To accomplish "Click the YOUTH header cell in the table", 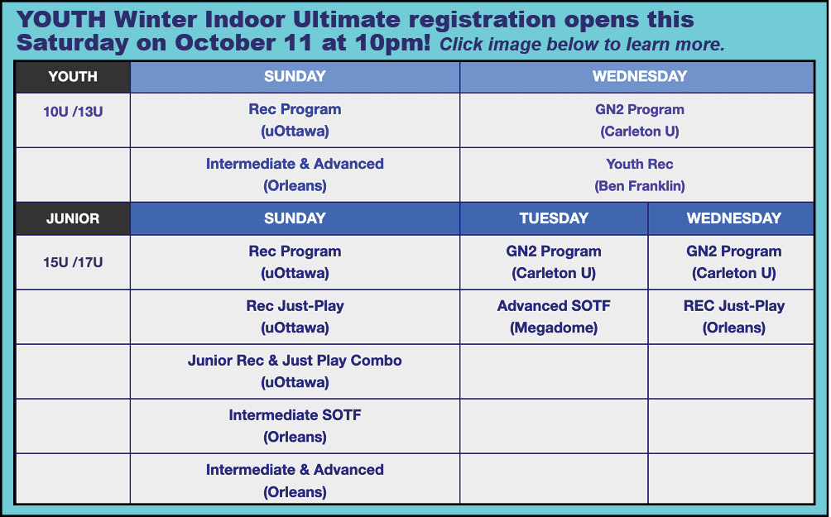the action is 73,77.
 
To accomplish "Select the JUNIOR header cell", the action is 73,218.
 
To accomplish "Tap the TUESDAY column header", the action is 554,218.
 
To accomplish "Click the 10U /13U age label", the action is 73,112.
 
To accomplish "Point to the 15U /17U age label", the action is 73,262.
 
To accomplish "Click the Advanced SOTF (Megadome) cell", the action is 554,317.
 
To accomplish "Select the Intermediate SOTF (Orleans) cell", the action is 295,426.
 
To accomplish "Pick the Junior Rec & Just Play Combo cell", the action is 295,371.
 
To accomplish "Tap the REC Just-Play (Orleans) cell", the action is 734,317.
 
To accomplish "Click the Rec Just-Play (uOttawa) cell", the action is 295,317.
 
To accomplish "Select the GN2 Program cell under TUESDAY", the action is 554,262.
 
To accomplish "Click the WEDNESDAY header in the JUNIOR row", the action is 734,218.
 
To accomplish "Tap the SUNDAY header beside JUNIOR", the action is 295,218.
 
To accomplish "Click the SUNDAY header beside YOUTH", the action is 295,77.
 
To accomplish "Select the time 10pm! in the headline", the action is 392,43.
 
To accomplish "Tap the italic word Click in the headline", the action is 460,45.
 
